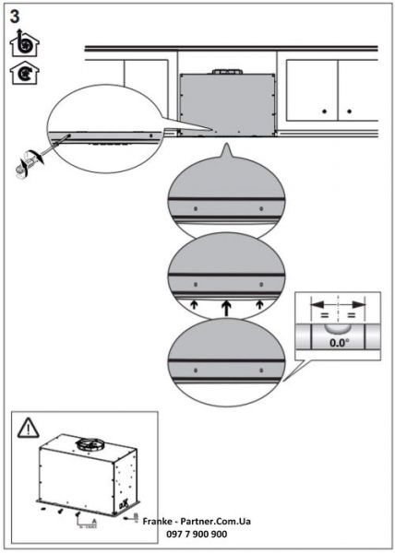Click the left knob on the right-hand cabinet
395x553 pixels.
pos(324,111)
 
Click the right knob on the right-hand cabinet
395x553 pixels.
pos(350,111)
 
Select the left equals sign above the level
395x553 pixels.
pos(324,312)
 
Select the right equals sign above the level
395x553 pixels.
pos(352,312)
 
